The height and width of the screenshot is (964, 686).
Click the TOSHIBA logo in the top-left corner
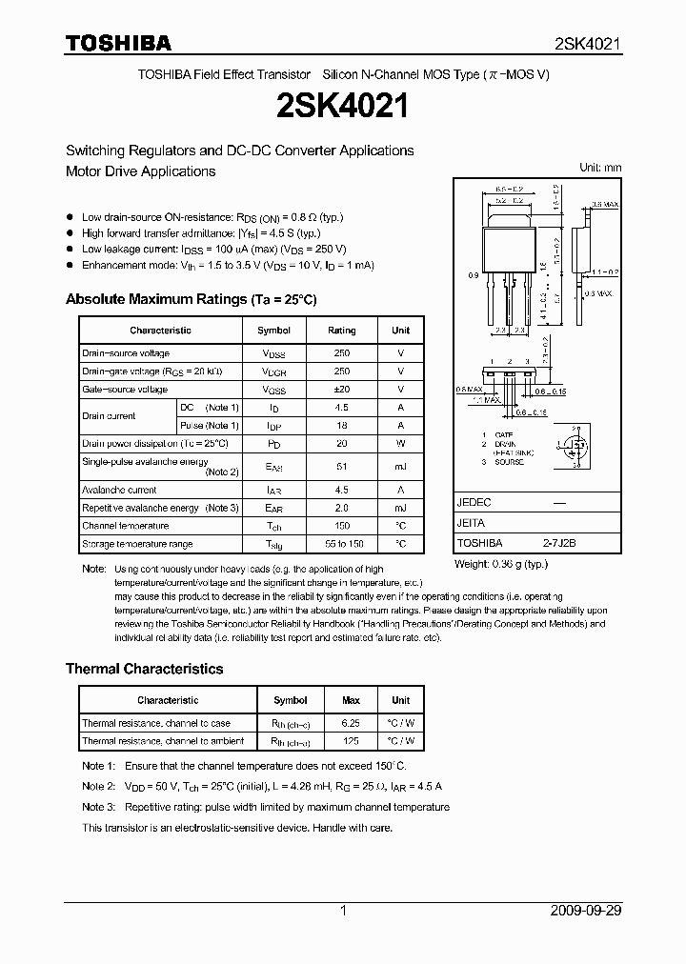click(x=118, y=43)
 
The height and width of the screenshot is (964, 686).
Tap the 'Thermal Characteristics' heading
click(x=144, y=669)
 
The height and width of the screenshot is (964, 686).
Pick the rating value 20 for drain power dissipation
click(x=341, y=444)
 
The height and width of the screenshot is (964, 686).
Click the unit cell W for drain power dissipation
click(x=400, y=444)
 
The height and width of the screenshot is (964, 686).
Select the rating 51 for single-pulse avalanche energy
click(x=341, y=467)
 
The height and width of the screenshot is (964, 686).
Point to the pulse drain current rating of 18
click(x=341, y=426)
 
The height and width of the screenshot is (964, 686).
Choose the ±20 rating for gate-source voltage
click(x=341, y=390)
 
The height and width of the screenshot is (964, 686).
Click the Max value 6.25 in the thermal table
click(x=351, y=723)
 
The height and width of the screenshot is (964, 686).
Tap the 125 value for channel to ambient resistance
click(x=351, y=741)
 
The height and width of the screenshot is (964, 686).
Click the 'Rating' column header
click(x=341, y=331)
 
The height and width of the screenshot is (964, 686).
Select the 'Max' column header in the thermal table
click(x=351, y=700)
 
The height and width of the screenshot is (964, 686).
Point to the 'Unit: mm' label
click(x=599, y=168)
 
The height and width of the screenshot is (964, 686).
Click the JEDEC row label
click(x=474, y=502)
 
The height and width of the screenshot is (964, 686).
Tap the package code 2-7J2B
click(x=559, y=542)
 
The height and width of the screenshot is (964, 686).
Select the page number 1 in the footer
click(x=343, y=911)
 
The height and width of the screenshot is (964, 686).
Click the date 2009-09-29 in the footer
click(x=586, y=911)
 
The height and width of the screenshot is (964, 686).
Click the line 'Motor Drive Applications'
click(x=140, y=171)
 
